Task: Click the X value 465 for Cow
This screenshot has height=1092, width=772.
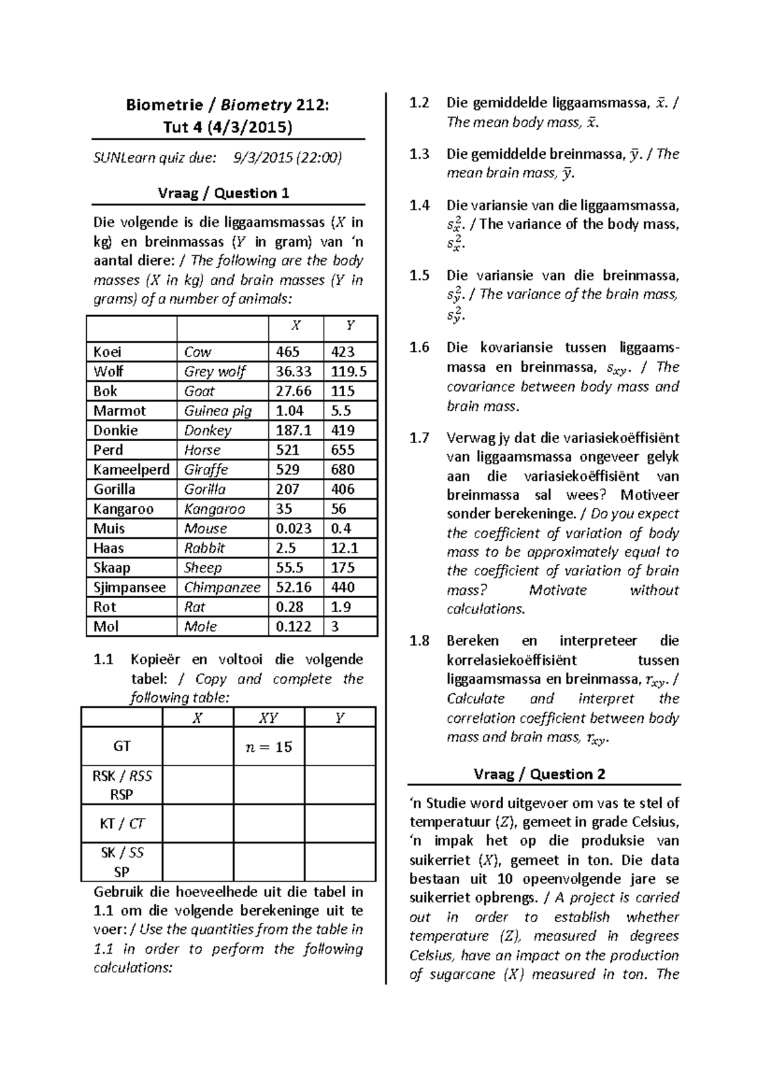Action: pyautogui.click(x=288, y=352)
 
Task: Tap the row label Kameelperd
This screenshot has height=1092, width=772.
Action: pyautogui.click(x=131, y=469)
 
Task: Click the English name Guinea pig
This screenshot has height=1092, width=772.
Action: pyautogui.click(x=217, y=410)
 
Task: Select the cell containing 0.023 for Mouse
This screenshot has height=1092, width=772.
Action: pyautogui.click(x=293, y=529)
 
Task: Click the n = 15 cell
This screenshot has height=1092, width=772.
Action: pyautogui.click(x=269, y=747)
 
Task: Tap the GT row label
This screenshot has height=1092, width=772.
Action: pyautogui.click(x=122, y=746)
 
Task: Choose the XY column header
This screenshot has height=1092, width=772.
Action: pyautogui.click(x=268, y=718)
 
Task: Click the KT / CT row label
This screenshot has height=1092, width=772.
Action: pyautogui.click(x=122, y=823)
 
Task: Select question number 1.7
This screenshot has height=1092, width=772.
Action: pyautogui.click(x=419, y=439)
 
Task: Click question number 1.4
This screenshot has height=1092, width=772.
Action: pyautogui.click(x=419, y=206)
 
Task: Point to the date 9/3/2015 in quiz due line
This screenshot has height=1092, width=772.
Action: pyautogui.click(x=262, y=158)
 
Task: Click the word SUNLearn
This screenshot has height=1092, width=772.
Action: pyautogui.click(x=122, y=158)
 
